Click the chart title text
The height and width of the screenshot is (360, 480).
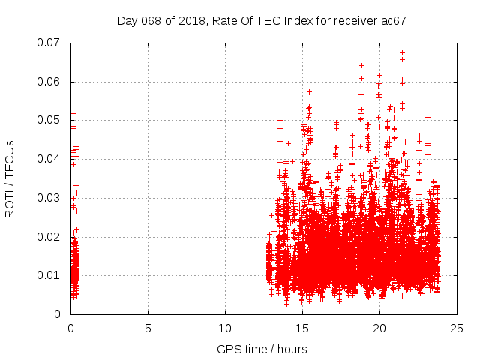click(261, 20)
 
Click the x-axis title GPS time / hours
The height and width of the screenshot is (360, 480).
click(262, 349)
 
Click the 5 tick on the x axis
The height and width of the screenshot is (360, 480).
click(148, 328)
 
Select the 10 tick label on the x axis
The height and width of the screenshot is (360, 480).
click(225, 328)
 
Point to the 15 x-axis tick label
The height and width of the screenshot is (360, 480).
click(302, 328)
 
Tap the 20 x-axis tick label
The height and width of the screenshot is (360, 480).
click(379, 328)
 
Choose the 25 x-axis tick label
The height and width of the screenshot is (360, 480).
click(457, 328)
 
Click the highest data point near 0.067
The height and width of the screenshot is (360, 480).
click(403, 53)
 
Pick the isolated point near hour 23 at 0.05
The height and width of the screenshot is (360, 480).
click(427, 117)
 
